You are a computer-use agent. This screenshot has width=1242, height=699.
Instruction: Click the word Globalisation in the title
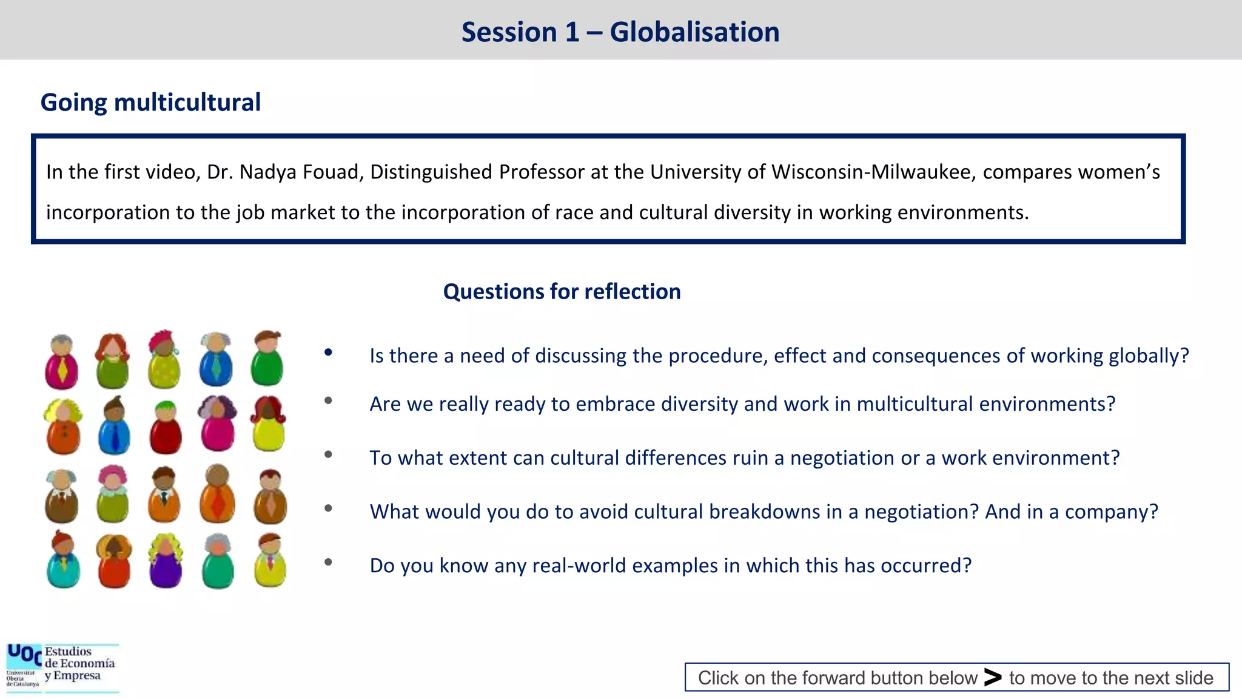(x=694, y=32)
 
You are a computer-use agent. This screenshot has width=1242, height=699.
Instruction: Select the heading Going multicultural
(x=150, y=103)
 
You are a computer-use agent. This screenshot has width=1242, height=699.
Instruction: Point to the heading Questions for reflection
(x=562, y=292)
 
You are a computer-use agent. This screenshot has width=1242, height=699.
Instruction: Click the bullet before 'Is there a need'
(x=328, y=352)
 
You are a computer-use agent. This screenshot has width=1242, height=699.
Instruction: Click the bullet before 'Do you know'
(x=328, y=562)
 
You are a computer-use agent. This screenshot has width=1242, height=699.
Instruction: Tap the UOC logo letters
(x=24, y=655)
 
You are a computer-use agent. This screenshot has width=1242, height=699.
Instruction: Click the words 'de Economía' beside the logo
(x=79, y=664)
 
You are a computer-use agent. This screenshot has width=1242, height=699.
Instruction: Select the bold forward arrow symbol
(x=992, y=677)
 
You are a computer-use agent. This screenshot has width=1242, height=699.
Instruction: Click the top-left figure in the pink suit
(x=61, y=362)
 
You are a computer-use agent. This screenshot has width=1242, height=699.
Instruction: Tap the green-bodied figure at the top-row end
(x=267, y=359)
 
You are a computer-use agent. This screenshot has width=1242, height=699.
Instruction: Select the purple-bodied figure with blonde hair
(x=165, y=561)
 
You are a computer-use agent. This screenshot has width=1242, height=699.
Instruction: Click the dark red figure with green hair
(x=166, y=428)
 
